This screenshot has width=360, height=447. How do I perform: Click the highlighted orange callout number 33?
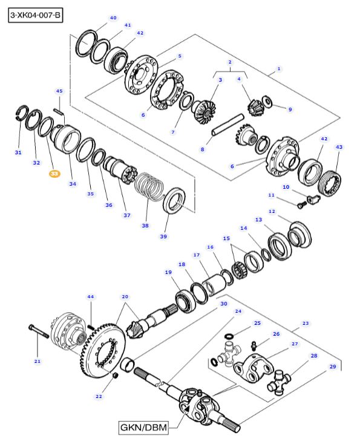54,174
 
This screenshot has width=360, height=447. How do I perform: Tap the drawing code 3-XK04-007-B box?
35,15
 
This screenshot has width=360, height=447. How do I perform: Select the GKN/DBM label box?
143,427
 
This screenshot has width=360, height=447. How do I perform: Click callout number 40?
113,18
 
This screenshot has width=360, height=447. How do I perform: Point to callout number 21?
38,361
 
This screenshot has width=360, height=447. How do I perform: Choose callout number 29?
333,367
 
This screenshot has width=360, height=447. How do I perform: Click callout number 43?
339,147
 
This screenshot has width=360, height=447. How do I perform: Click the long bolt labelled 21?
39,331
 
